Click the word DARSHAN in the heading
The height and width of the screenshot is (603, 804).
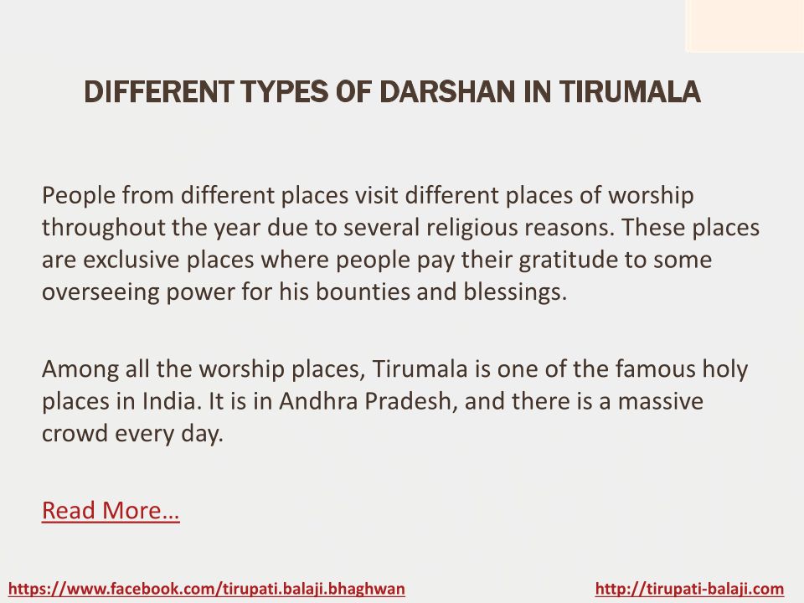(448, 92)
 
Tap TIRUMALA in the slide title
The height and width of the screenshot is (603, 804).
(630, 92)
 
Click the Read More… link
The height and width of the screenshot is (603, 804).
(111, 510)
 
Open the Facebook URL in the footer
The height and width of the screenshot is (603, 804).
(207, 589)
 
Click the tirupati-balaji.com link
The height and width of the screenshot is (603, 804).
(689, 589)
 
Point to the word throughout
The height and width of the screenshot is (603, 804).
(104, 228)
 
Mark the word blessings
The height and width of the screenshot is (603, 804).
(515, 292)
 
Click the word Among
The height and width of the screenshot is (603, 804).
(80, 369)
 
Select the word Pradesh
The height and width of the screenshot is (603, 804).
(410, 401)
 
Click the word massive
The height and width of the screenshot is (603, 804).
(661, 401)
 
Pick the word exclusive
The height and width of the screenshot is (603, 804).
(131, 260)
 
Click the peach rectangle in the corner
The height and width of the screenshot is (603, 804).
(745, 26)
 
